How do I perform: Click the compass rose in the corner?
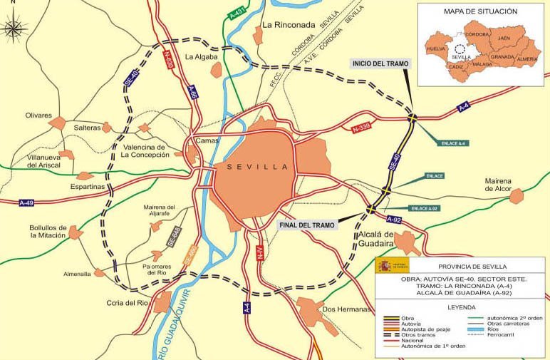[14, 29]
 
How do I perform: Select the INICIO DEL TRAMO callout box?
[380, 63]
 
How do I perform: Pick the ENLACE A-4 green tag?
[453, 143]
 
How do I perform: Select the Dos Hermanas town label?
[348, 309]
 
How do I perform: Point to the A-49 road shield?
[26, 202]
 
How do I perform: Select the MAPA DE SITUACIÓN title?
[481, 12]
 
